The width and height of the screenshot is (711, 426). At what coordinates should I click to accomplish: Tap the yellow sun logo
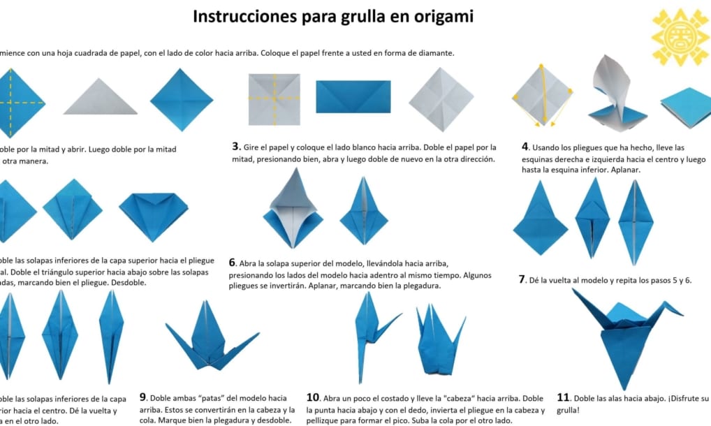point(680,36)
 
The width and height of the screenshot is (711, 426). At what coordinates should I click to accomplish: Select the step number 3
point(236,147)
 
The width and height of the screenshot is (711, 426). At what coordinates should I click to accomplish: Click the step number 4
point(525,147)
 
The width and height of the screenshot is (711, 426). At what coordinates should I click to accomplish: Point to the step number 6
point(232,263)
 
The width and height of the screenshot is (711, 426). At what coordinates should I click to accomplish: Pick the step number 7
point(522,279)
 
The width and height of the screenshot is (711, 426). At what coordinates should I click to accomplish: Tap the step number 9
point(143,398)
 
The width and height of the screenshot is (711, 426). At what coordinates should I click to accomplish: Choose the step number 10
point(314,398)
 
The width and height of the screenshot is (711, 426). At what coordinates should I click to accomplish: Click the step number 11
point(563,398)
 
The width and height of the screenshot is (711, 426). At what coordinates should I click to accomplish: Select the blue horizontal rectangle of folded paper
point(353,96)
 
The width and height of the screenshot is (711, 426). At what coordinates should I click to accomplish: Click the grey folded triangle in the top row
point(100,98)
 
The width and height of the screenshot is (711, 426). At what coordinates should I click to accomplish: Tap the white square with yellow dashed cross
point(274,98)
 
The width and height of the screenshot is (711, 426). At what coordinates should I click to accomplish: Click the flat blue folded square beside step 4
point(687,106)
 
